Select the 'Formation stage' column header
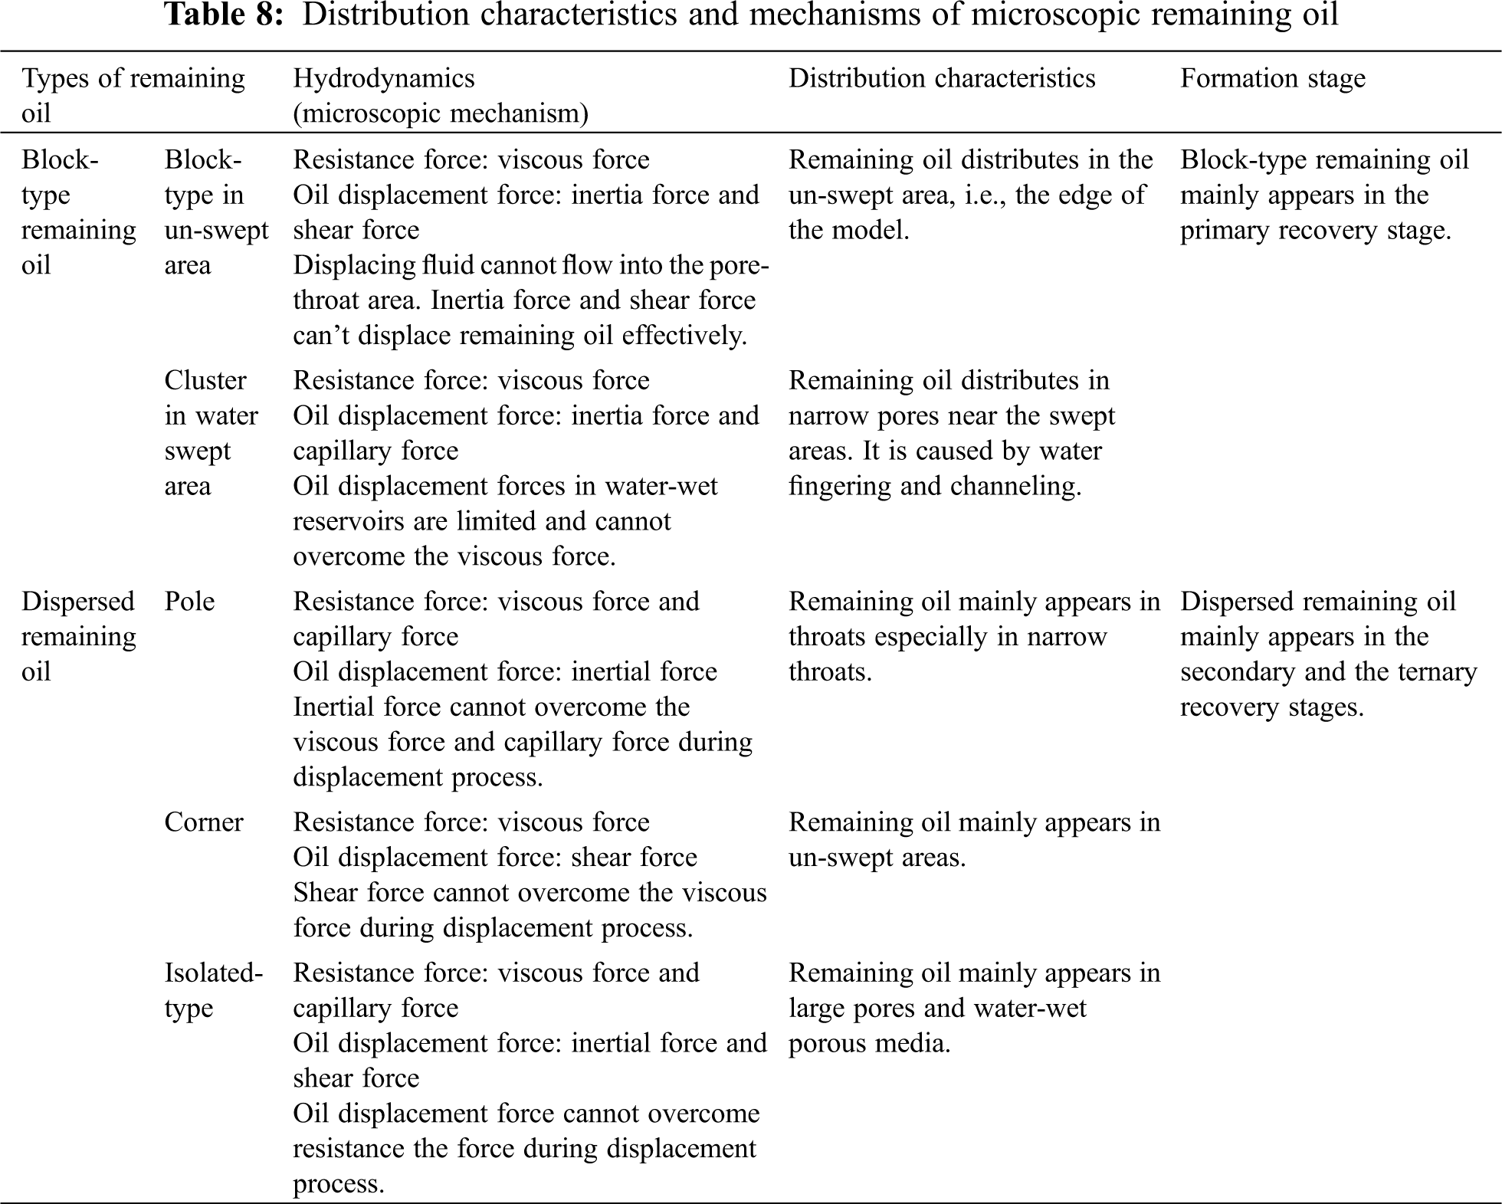click(1272, 78)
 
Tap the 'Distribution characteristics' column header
click(942, 78)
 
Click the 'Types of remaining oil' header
click(133, 95)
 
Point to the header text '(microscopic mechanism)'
click(441, 113)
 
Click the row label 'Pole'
click(189, 602)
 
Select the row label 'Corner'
click(203, 822)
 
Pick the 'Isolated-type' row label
click(213, 990)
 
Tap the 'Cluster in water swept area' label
click(211, 433)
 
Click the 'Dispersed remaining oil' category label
click(78, 636)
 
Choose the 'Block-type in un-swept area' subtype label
click(216, 212)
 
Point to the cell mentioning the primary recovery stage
click(1323, 195)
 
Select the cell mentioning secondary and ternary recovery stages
click(1328, 654)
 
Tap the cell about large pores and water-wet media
click(974, 1008)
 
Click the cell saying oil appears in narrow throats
click(974, 636)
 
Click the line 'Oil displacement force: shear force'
click(495, 858)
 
